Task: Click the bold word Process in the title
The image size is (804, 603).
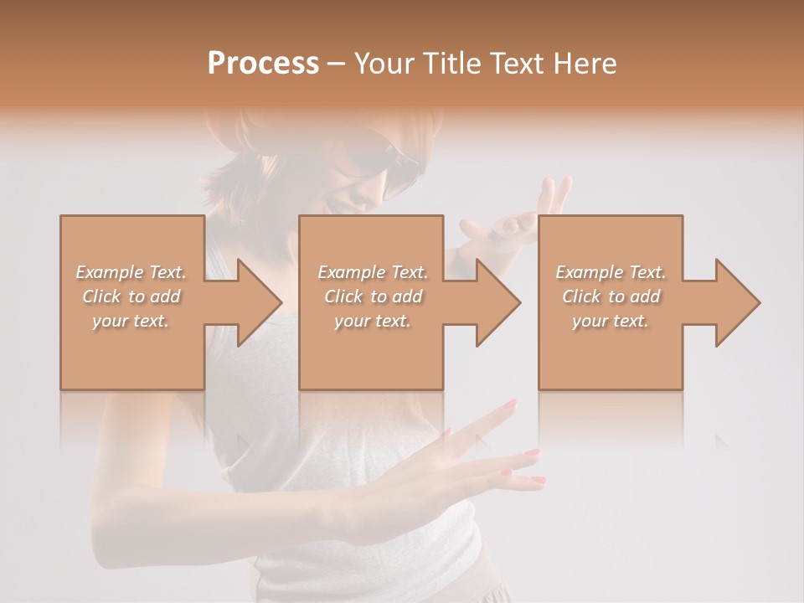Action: pos(263,64)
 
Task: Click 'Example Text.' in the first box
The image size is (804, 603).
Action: pos(131,272)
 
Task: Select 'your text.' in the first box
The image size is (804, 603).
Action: pos(131,321)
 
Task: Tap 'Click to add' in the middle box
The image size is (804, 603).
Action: pos(373,296)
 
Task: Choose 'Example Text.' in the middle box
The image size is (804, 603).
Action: pos(373,272)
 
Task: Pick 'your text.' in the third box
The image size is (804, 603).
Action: pos(611,321)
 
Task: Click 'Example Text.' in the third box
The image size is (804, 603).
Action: pos(611,272)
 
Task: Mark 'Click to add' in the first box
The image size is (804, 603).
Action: pos(131,296)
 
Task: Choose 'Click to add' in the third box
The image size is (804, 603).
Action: pos(611,296)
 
